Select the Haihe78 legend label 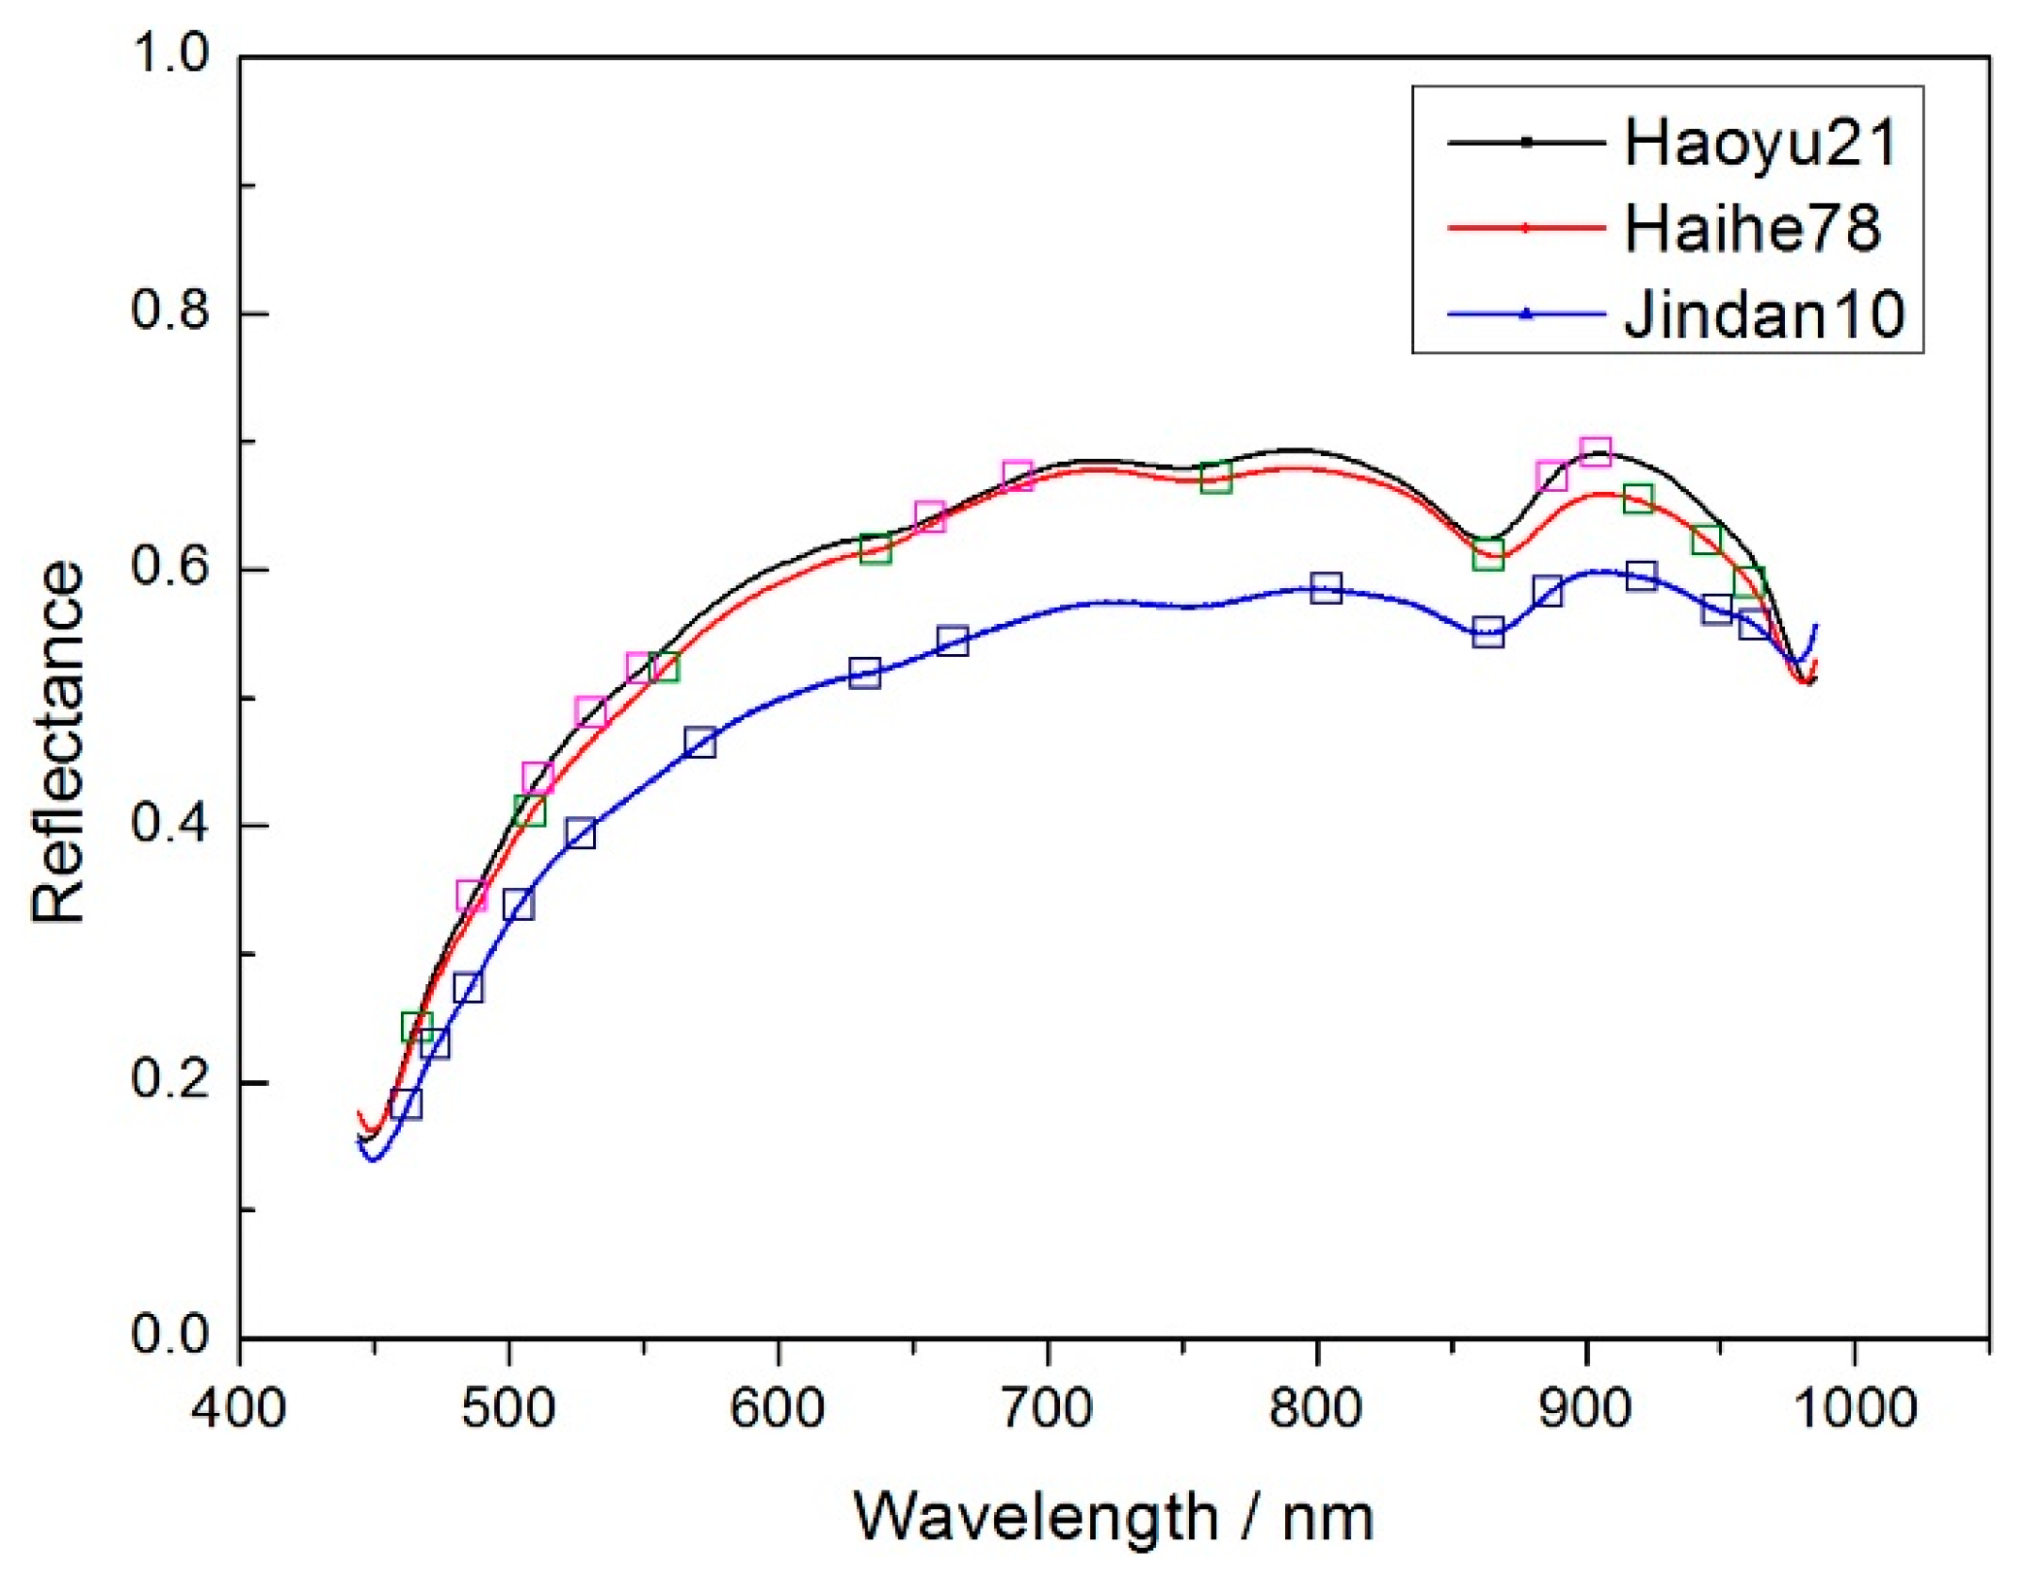pos(1752,229)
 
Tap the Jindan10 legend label pos(1765,314)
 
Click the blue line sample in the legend pos(1525,313)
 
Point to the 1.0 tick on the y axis pos(170,53)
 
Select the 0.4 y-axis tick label pos(170,824)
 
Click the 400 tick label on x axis pos(239,1407)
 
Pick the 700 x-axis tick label pos(1047,1407)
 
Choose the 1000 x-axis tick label pos(1855,1407)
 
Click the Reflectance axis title pos(58,742)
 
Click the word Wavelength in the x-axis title pos(1036,1518)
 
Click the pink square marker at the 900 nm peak pos(1596,452)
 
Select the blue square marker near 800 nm pos(1326,588)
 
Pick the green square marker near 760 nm pos(1215,477)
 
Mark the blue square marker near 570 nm pos(700,742)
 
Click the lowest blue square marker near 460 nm pos(406,1103)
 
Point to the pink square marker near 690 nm pos(1017,477)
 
